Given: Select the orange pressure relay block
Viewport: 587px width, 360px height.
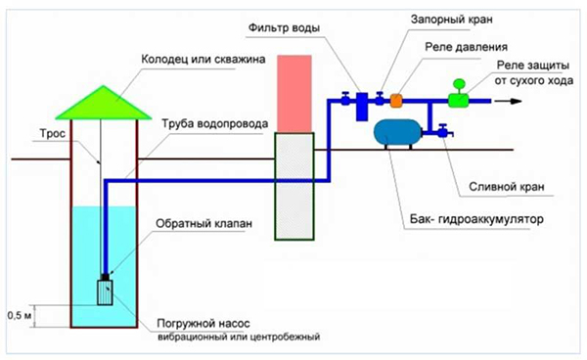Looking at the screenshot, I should (x=397, y=99).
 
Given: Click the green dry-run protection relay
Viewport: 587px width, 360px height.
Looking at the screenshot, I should (x=457, y=97).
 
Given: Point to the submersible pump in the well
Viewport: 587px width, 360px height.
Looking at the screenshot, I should (x=106, y=292).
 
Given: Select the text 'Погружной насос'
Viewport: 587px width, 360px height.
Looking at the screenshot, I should (x=201, y=323).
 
